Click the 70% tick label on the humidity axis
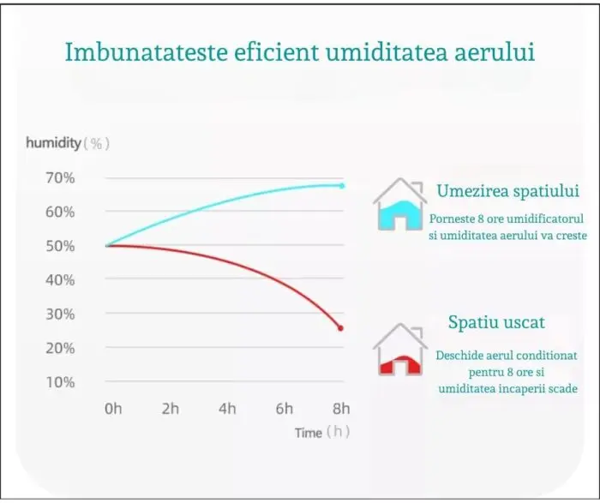click(x=60, y=178)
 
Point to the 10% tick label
click(x=60, y=382)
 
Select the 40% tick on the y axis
click(x=60, y=280)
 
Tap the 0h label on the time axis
click(x=113, y=409)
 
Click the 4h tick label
click(x=227, y=409)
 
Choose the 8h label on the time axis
click(x=341, y=409)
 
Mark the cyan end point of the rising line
click(x=342, y=186)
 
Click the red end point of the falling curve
click(x=340, y=328)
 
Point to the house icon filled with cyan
click(x=400, y=205)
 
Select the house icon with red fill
click(x=400, y=350)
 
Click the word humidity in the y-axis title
click(x=53, y=143)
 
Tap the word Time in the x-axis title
click(x=308, y=433)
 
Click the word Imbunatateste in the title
click(x=147, y=51)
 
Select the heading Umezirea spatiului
click(x=507, y=191)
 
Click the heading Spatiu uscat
click(x=496, y=322)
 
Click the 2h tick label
click(x=171, y=409)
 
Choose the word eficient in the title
click(x=276, y=51)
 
